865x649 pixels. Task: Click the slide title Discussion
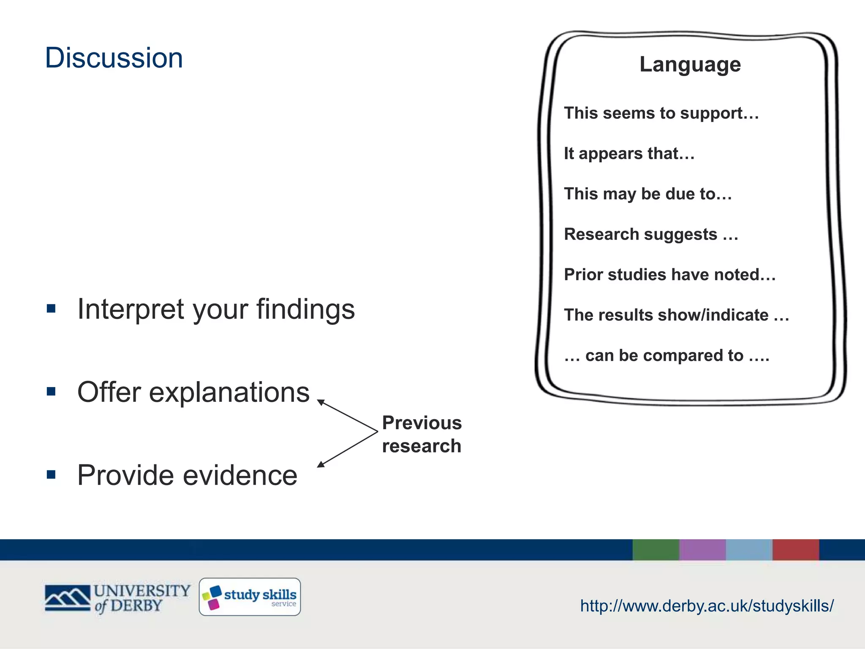pyautogui.click(x=114, y=58)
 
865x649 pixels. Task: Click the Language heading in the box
pyautogui.click(x=690, y=65)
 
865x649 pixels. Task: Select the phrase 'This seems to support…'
pyautogui.click(x=661, y=113)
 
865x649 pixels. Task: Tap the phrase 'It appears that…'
pyautogui.click(x=629, y=154)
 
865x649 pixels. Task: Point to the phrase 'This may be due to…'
pyautogui.click(x=647, y=194)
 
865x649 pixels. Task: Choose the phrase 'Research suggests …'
pyautogui.click(x=651, y=235)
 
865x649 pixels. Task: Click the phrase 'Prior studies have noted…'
pyautogui.click(x=669, y=275)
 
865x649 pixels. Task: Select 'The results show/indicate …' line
pyautogui.click(x=676, y=315)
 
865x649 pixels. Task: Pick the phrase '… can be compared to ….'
pyautogui.click(x=666, y=356)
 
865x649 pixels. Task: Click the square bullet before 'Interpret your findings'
pyautogui.click(x=52, y=308)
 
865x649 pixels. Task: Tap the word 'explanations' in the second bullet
pyautogui.click(x=229, y=392)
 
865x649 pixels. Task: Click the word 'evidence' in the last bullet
pyautogui.click(x=240, y=475)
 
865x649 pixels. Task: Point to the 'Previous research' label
pyautogui.click(x=422, y=434)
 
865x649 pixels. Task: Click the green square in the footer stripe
pyautogui.click(x=656, y=550)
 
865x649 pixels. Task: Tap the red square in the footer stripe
pyautogui.click(x=796, y=550)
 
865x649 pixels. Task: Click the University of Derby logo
pyautogui.click(x=117, y=598)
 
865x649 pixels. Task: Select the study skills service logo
pyautogui.click(x=250, y=597)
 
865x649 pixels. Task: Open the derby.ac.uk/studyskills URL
pyautogui.click(x=707, y=606)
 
